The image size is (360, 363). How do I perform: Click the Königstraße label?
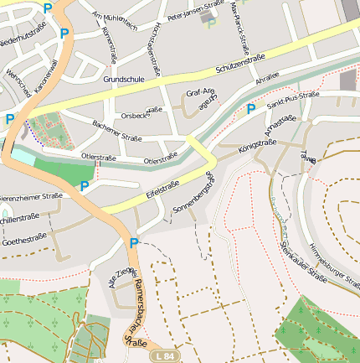(x=257, y=146)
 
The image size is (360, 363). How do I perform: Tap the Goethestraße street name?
(x=24, y=239)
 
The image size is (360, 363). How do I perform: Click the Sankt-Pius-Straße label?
(x=292, y=100)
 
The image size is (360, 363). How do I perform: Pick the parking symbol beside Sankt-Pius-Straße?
(x=250, y=109)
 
